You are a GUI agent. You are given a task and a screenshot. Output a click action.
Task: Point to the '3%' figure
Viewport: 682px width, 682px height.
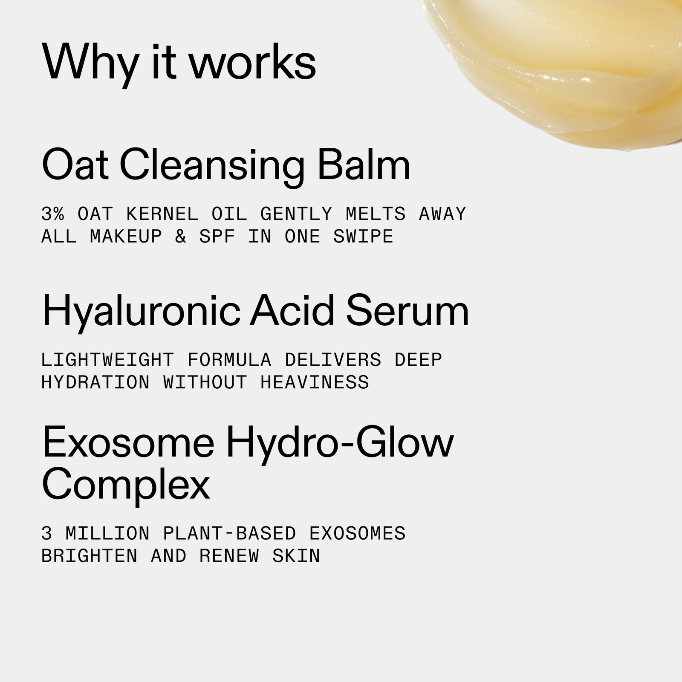[x=53, y=214]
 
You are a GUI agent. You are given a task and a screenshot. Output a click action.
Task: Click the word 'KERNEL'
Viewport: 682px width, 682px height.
[x=162, y=214]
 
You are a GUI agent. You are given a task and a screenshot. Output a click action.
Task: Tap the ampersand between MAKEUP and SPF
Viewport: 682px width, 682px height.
[x=181, y=237]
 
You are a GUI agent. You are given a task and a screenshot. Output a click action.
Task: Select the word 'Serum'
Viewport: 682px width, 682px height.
[x=407, y=311]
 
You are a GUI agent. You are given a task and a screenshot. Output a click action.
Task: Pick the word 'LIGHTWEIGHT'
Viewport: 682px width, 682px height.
[x=107, y=360]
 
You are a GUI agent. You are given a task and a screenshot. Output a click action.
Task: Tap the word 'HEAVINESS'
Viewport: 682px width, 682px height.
[x=315, y=382]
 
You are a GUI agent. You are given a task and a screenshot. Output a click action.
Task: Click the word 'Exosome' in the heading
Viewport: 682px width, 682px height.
[x=128, y=444]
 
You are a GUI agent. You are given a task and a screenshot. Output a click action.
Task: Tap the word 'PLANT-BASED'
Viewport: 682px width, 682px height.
[x=229, y=534]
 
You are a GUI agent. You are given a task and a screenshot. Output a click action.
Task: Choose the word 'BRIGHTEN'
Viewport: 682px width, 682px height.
[x=89, y=556]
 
